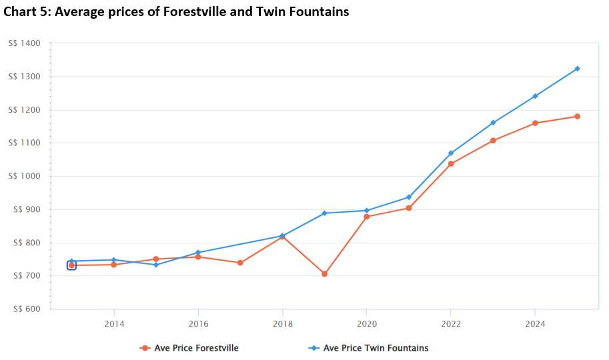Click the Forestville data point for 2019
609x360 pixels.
(x=324, y=274)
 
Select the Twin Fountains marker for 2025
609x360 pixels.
(x=577, y=69)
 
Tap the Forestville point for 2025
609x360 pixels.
(x=577, y=117)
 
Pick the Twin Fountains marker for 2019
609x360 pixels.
(x=324, y=213)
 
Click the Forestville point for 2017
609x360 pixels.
(x=240, y=263)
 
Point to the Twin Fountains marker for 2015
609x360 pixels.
(x=156, y=265)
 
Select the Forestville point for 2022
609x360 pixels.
(x=451, y=164)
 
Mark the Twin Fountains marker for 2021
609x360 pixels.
(x=409, y=197)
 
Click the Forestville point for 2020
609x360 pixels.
(x=366, y=217)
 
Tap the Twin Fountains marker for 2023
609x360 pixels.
(x=493, y=123)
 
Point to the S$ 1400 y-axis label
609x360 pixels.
(x=25, y=43)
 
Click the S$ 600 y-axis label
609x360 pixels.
(x=25, y=309)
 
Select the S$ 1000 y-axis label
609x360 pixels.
(x=25, y=176)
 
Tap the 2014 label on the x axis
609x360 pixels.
(x=114, y=324)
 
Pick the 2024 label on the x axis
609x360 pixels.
(x=535, y=324)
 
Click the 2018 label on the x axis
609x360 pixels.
(x=282, y=324)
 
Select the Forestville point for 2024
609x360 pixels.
(x=535, y=123)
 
